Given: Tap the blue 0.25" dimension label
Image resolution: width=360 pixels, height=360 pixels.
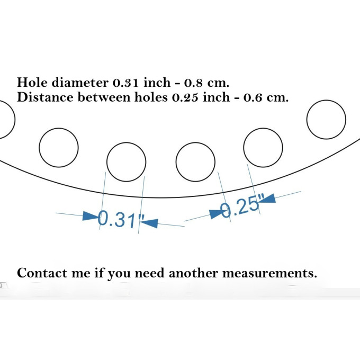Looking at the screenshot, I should coord(241,206).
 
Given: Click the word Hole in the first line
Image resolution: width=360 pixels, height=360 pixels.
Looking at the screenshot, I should coord(30,83).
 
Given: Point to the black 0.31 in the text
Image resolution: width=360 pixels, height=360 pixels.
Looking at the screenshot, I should coord(126,83).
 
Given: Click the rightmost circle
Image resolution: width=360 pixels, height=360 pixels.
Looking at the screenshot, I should coord(327,119).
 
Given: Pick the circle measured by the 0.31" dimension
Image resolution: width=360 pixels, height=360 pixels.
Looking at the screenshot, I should coord(126,161).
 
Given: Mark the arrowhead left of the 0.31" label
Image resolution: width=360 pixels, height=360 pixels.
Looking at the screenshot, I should coord(91,217).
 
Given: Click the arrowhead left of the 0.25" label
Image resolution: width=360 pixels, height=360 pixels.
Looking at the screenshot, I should coord(217,213).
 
